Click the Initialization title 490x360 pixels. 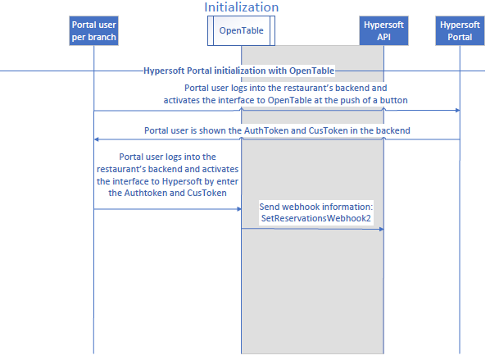pos(241,7)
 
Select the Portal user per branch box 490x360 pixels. pos(93,30)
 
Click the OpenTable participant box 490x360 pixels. pos(241,30)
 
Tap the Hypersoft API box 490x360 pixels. pos(383,30)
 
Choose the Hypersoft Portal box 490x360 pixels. pos(460,30)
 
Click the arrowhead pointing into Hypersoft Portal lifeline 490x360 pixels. pos(457,110)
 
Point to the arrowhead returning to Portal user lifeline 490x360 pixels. pos(97,139)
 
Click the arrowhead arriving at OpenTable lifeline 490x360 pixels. pos(239,209)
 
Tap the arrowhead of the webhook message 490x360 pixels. pos(381,230)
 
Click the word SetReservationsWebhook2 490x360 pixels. pos(316,218)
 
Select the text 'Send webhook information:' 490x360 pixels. pos(316,207)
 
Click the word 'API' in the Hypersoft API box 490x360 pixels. pos(383,37)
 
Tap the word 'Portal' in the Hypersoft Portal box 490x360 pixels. pos(460,37)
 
